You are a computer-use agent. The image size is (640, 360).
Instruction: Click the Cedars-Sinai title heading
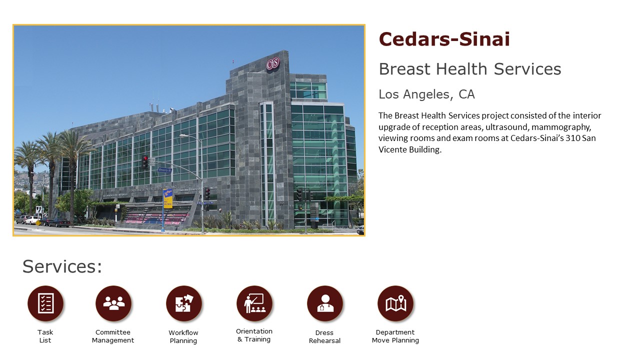click(x=444, y=39)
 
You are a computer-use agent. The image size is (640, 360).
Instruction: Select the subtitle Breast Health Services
click(x=470, y=69)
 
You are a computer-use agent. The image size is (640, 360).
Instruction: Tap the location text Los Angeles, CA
click(x=426, y=94)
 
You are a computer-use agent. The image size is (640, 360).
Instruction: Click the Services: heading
click(x=62, y=266)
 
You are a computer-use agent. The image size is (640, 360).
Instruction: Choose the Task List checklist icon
click(x=45, y=303)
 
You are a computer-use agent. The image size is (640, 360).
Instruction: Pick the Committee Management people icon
click(x=113, y=303)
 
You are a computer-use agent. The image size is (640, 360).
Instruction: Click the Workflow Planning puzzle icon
click(x=184, y=303)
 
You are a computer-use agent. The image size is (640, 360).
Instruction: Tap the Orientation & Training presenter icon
click(x=254, y=303)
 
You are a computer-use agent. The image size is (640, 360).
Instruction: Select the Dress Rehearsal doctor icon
click(x=325, y=303)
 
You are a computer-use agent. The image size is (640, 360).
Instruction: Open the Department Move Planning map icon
click(x=395, y=303)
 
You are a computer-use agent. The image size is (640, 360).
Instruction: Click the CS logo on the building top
click(x=273, y=64)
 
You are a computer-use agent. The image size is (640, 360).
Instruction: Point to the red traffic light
click(x=145, y=162)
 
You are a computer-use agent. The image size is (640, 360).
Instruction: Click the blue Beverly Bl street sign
click(x=165, y=170)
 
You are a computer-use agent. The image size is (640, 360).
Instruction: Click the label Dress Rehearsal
click(x=324, y=336)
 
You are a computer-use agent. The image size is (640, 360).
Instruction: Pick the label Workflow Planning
click(x=183, y=336)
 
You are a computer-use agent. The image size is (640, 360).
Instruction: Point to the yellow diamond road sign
click(x=38, y=222)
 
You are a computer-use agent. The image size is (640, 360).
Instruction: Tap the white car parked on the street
click(x=32, y=220)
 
